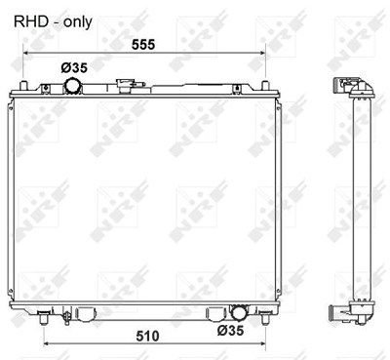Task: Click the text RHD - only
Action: click(53, 22)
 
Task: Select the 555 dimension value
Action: click(143, 45)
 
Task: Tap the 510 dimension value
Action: click(147, 336)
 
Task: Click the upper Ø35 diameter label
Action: click(74, 68)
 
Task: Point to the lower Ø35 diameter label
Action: click(230, 331)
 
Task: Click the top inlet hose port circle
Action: click(72, 86)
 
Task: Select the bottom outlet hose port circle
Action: click(238, 313)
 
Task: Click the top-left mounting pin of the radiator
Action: click(23, 86)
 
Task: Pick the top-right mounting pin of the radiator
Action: click(265, 86)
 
